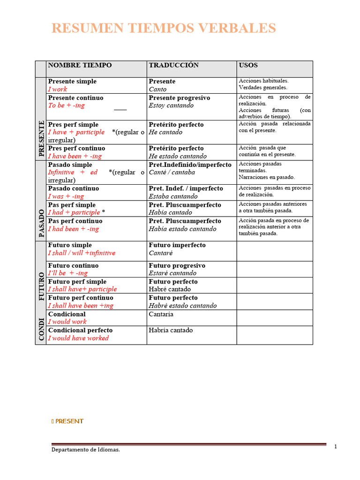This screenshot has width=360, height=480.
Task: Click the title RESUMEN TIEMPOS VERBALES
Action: (x=164, y=29)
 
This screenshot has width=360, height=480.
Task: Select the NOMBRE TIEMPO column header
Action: (x=80, y=65)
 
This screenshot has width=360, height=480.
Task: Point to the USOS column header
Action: (x=248, y=65)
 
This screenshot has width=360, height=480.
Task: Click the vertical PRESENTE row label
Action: (x=41, y=138)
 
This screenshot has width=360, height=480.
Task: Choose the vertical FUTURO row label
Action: (x=41, y=284)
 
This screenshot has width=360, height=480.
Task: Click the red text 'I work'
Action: (x=58, y=89)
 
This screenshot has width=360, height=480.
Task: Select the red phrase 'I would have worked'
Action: (x=78, y=338)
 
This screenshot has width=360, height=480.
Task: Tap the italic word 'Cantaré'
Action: (x=161, y=253)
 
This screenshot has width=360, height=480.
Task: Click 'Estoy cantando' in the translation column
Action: (x=171, y=105)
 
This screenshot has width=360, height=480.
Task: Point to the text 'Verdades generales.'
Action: (x=263, y=87)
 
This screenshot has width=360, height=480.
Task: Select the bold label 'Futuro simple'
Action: (x=70, y=245)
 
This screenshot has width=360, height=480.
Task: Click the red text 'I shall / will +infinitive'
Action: (x=82, y=253)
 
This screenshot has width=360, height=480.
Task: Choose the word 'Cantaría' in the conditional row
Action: (x=161, y=314)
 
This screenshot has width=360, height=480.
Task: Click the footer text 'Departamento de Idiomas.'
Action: (x=85, y=450)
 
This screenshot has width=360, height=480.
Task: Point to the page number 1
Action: (x=336, y=447)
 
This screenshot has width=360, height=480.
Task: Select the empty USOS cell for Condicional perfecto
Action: (x=274, y=335)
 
